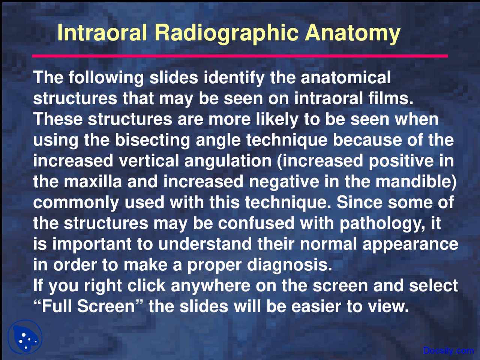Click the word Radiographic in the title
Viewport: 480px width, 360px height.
pyautogui.click(x=226, y=33)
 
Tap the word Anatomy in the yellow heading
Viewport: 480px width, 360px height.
pyautogui.click(x=352, y=33)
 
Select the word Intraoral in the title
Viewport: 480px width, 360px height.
pyautogui.click(x=102, y=33)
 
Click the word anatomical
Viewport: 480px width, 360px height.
pyautogui.click(x=346, y=78)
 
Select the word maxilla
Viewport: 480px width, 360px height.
pyautogui.click(x=93, y=181)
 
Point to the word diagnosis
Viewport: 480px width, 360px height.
pyautogui.click(x=289, y=265)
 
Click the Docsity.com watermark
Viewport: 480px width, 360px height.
pyautogui.click(x=448, y=351)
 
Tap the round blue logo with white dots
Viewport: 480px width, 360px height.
pyautogui.click(x=25, y=337)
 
